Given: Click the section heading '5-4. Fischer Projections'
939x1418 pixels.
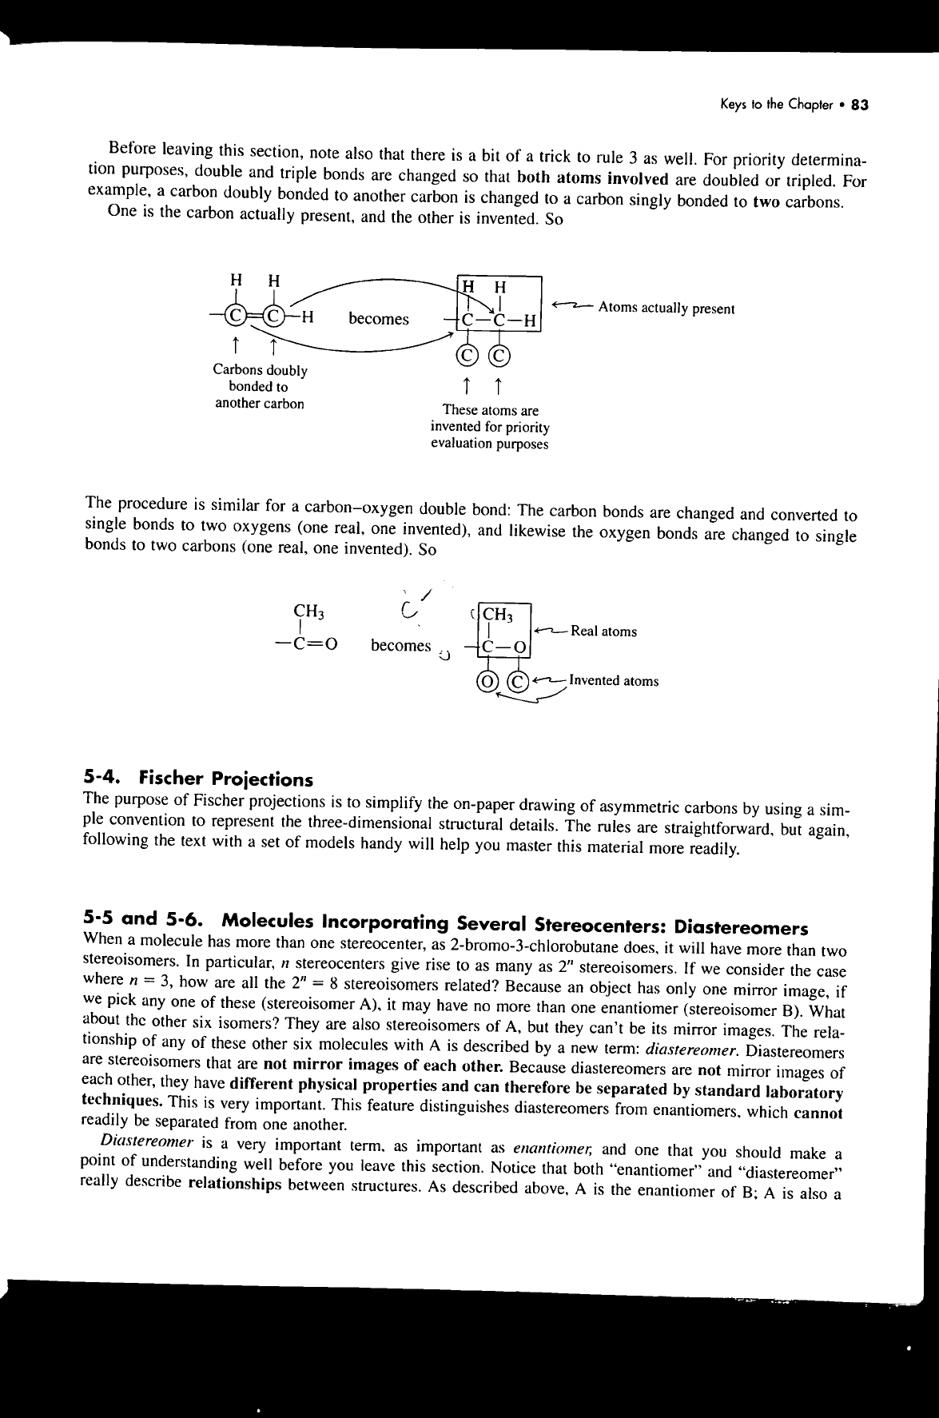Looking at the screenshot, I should tap(198, 779).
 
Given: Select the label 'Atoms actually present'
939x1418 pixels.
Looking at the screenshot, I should tap(666, 309).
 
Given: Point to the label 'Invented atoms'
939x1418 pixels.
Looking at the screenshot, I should tap(614, 681).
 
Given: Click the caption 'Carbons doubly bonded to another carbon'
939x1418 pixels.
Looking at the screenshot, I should tap(260, 387).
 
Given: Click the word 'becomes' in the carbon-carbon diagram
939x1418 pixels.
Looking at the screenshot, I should tap(378, 319).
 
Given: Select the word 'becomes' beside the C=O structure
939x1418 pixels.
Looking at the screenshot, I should tap(400, 645).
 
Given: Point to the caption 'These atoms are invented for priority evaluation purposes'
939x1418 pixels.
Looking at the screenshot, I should tap(490, 428).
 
